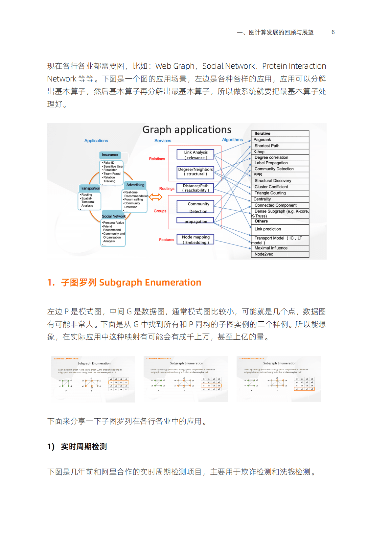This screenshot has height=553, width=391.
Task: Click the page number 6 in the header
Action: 333,32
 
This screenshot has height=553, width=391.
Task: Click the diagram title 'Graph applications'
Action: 187,129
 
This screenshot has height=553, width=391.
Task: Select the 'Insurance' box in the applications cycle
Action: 110,155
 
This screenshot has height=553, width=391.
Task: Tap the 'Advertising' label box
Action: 135,185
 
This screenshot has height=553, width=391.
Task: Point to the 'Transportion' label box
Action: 90,188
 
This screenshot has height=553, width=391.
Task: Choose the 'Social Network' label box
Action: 114,216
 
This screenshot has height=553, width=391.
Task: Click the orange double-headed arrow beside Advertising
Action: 156,197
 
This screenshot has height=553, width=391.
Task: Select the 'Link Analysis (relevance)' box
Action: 195,155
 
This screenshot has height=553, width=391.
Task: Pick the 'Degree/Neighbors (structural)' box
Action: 195,172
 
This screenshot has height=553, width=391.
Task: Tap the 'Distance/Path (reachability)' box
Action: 195,188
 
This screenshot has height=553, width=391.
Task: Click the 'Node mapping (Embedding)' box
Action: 195,240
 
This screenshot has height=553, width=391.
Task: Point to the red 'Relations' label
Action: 157,159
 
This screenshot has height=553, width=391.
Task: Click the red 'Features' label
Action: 167,240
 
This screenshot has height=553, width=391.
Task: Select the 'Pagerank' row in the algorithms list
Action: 280,140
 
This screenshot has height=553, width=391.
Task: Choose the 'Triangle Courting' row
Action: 280,193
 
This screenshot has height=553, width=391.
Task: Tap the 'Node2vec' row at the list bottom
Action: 280,254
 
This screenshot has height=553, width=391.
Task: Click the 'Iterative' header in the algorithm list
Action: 280,134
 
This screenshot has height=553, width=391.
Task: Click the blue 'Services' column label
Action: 163,141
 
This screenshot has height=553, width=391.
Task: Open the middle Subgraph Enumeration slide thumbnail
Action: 186,379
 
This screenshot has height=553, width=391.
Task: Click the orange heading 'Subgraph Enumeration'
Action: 150,283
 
